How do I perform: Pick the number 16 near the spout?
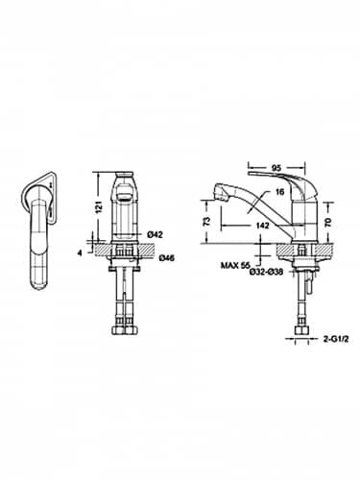pyautogui.click(x=278, y=191)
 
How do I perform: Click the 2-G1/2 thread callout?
pyautogui.click(x=338, y=338)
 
